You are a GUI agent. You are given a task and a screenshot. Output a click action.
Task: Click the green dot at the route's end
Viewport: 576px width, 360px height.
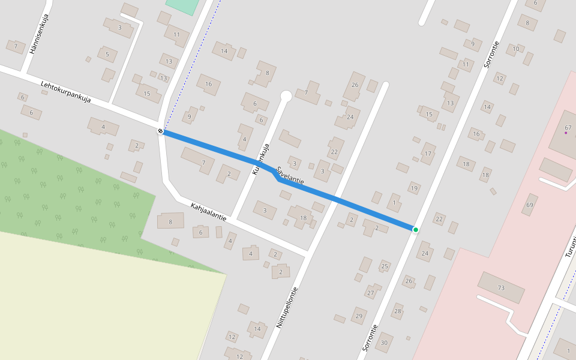pyautogui.click(x=415, y=229)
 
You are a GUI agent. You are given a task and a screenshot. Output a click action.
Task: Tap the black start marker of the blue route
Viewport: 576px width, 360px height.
pyautogui.click(x=161, y=131)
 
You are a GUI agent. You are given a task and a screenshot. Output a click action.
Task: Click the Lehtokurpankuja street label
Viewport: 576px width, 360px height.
pyautogui.click(x=65, y=92)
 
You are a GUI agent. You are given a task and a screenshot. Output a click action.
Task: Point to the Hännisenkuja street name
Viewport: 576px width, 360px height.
pyautogui.click(x=39, y=34)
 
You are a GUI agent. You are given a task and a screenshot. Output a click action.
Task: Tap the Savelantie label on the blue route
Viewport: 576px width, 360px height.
pyautogui.click(x=291, y=175)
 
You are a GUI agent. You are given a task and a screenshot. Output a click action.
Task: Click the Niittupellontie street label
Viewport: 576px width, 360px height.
pyautogui.click(x=287, y=307)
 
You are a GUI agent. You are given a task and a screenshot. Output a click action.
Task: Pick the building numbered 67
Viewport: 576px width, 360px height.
pyautogui.click(x=568, y=128)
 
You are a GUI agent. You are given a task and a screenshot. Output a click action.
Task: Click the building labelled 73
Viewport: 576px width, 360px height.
pyautogui.click(x=501, y=288)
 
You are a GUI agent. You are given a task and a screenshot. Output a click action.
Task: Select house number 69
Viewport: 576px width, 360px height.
pyautogui.click(x=529, y=205)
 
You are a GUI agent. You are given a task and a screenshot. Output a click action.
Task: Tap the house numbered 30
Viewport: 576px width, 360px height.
pyautogui.click(x=384, y=343)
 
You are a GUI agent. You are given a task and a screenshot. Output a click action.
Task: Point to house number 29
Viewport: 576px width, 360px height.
pyautogui.click(x=359, y=316)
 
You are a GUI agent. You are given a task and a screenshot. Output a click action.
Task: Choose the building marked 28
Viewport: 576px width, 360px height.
pyautogui.click(x=397, y=311)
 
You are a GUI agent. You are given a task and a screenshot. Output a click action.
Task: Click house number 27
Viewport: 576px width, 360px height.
pyautogui.click(x=371, y=293)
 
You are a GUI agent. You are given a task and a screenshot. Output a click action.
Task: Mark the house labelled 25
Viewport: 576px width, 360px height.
pyautogui.click(x=385, y=266)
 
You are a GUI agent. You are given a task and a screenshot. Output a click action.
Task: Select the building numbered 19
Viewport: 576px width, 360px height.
pyautogui.click(x=413, y=188)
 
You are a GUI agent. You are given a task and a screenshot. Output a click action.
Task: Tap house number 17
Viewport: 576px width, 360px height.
pyautogui.click(x=428, y=154)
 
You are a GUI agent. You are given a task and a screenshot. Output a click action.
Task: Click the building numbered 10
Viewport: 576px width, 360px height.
pyautogui.click(x=515, y=49)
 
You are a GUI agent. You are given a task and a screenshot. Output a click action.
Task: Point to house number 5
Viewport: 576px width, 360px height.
pyautogui.click(x=107, y=55)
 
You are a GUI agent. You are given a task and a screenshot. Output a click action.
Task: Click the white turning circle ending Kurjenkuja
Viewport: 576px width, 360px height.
pyautogui.click(x=286, y=96)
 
